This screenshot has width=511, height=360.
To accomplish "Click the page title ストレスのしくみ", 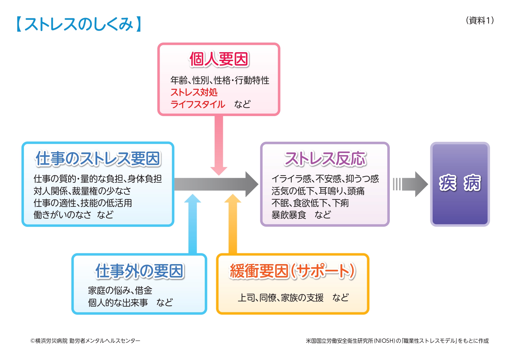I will click(79, 24).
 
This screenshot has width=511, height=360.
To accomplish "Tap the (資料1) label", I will click(480, 20).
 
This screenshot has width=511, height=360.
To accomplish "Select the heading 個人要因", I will click(219, 59).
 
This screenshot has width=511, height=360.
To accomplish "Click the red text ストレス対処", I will click(194, 92).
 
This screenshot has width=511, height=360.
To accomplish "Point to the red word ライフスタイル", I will click(198, 104).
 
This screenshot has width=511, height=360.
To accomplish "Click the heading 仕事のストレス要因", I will click(98, 159).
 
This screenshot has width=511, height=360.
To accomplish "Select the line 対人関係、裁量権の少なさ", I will click(82, 191).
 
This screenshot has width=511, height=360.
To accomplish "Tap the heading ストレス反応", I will click(325, 159).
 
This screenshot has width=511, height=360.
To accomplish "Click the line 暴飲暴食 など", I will click(301, 215).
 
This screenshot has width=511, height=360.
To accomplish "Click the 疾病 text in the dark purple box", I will click(460, 183).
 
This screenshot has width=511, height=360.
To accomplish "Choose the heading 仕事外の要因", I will click(139, 271).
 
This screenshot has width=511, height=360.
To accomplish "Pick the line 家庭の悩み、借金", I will click(120, 290).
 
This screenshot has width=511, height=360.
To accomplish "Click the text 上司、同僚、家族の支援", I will click(281, 298).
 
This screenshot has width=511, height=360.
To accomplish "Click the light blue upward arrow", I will click(193, 224).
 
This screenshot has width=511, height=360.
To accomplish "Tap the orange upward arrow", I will click(232, 224).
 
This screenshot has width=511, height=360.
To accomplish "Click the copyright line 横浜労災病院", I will click(85, 341).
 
